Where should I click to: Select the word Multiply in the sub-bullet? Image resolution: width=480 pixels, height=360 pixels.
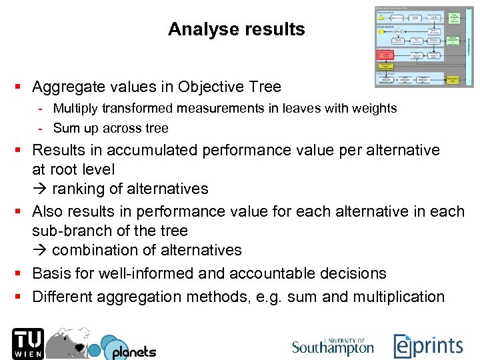click(75, 108)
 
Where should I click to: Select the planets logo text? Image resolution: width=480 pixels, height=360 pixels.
click(133, 351)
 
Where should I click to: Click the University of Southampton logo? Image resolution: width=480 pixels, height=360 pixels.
click(333, 346)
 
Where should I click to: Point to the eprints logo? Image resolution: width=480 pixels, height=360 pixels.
click(429, 346)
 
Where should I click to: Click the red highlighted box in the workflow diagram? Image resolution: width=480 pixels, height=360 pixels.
click(385, 55)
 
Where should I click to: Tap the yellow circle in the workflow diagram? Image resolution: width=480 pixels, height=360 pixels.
click(381, 31)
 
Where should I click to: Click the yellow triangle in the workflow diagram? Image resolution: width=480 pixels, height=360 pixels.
click(382, 17)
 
